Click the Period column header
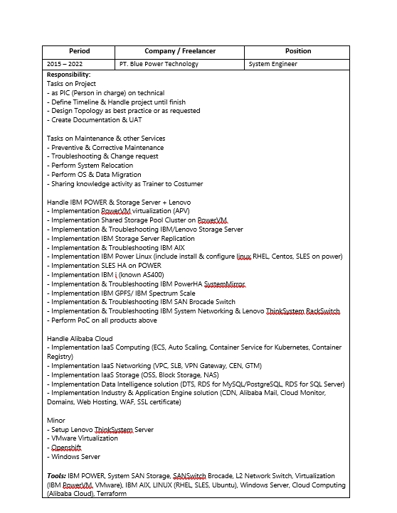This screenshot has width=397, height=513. (x=79, y=51)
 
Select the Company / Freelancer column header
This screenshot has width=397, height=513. (x=179, y=51)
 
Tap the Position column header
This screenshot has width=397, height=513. (x=297, y=51)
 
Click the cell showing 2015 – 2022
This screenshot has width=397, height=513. (x=63, y=64)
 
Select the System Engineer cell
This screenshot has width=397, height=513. (x=272, y=64)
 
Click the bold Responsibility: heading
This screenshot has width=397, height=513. (x=68, y=75)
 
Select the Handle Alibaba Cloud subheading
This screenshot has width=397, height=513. (x=80, y=338)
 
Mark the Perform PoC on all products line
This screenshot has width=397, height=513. (x=102, y=320)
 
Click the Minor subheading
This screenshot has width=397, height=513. (x=56, y=421)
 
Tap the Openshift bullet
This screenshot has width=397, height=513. (x=66, y=448)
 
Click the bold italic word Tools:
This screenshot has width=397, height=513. (x=57, y=476)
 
